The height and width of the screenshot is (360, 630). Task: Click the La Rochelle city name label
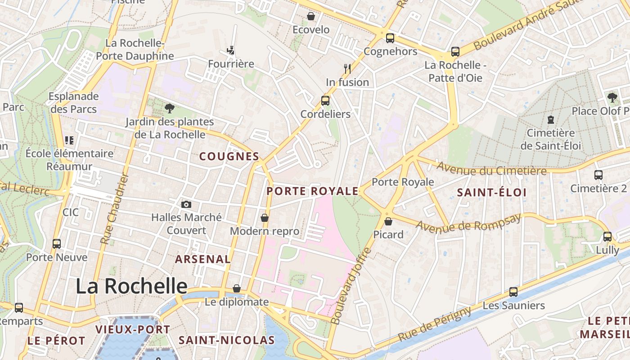pos(131,286)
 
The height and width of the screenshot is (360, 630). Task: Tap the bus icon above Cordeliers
pos(325,101)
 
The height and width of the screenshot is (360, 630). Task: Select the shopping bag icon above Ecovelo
pos(310,17)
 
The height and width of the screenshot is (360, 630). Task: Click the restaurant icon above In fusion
pos(347,69)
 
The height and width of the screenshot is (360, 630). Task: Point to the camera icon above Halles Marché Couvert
pos(186,205)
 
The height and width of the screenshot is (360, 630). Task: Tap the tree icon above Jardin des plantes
pos(169,108)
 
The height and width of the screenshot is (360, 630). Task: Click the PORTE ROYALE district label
pos(312,191)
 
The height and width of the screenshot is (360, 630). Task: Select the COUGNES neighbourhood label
pos(229,157)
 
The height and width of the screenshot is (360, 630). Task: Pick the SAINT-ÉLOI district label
pos(491,193)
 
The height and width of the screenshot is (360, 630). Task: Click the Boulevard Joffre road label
pos(350,286)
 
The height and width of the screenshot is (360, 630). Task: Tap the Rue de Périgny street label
pos(435,324)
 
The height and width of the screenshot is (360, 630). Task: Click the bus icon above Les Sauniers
pos(513,292)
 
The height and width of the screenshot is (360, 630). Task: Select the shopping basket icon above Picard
pos(388,221)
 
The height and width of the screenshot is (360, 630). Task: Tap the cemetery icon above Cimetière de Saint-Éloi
pos(550,120)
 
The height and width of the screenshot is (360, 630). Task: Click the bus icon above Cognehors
pos(390,38)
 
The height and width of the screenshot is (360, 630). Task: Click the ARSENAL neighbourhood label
pos(202,259)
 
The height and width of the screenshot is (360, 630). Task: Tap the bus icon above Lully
pos(607,236)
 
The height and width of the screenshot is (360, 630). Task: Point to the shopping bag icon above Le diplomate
pos(237,288)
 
